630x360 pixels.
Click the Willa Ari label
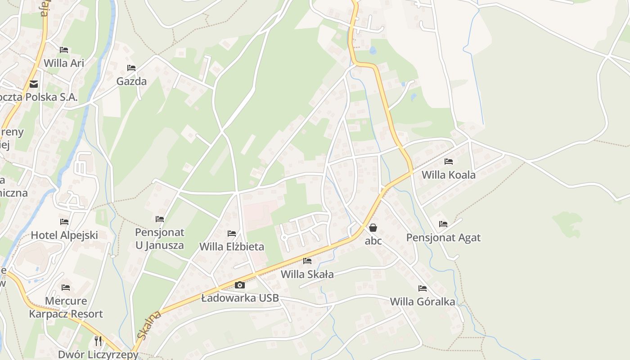point(64,63)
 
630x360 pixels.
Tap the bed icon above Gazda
point(131,68)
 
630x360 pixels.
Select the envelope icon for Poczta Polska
point(34,84)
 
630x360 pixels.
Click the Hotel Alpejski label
point(64,235)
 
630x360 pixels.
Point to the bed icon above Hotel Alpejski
point(64,222)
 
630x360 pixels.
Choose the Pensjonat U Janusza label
point(160,239)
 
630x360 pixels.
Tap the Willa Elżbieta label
point(232,247)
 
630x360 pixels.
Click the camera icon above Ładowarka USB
point(240,285)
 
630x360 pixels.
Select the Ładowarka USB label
point(240,298)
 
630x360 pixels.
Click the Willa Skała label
point(307,274)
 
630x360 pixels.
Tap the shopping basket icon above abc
point(373,228)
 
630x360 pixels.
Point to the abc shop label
point(373,241)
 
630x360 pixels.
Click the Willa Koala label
point(448,175)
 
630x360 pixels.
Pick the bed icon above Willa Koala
point(448,161)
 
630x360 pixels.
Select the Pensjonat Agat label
point(443,237)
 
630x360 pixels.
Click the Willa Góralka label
point(423,301)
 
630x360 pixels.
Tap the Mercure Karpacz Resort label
point(66,307)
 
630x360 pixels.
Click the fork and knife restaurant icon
point(98,341)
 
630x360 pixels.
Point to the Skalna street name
point(149,325)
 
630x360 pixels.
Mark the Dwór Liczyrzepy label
point(98,354)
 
